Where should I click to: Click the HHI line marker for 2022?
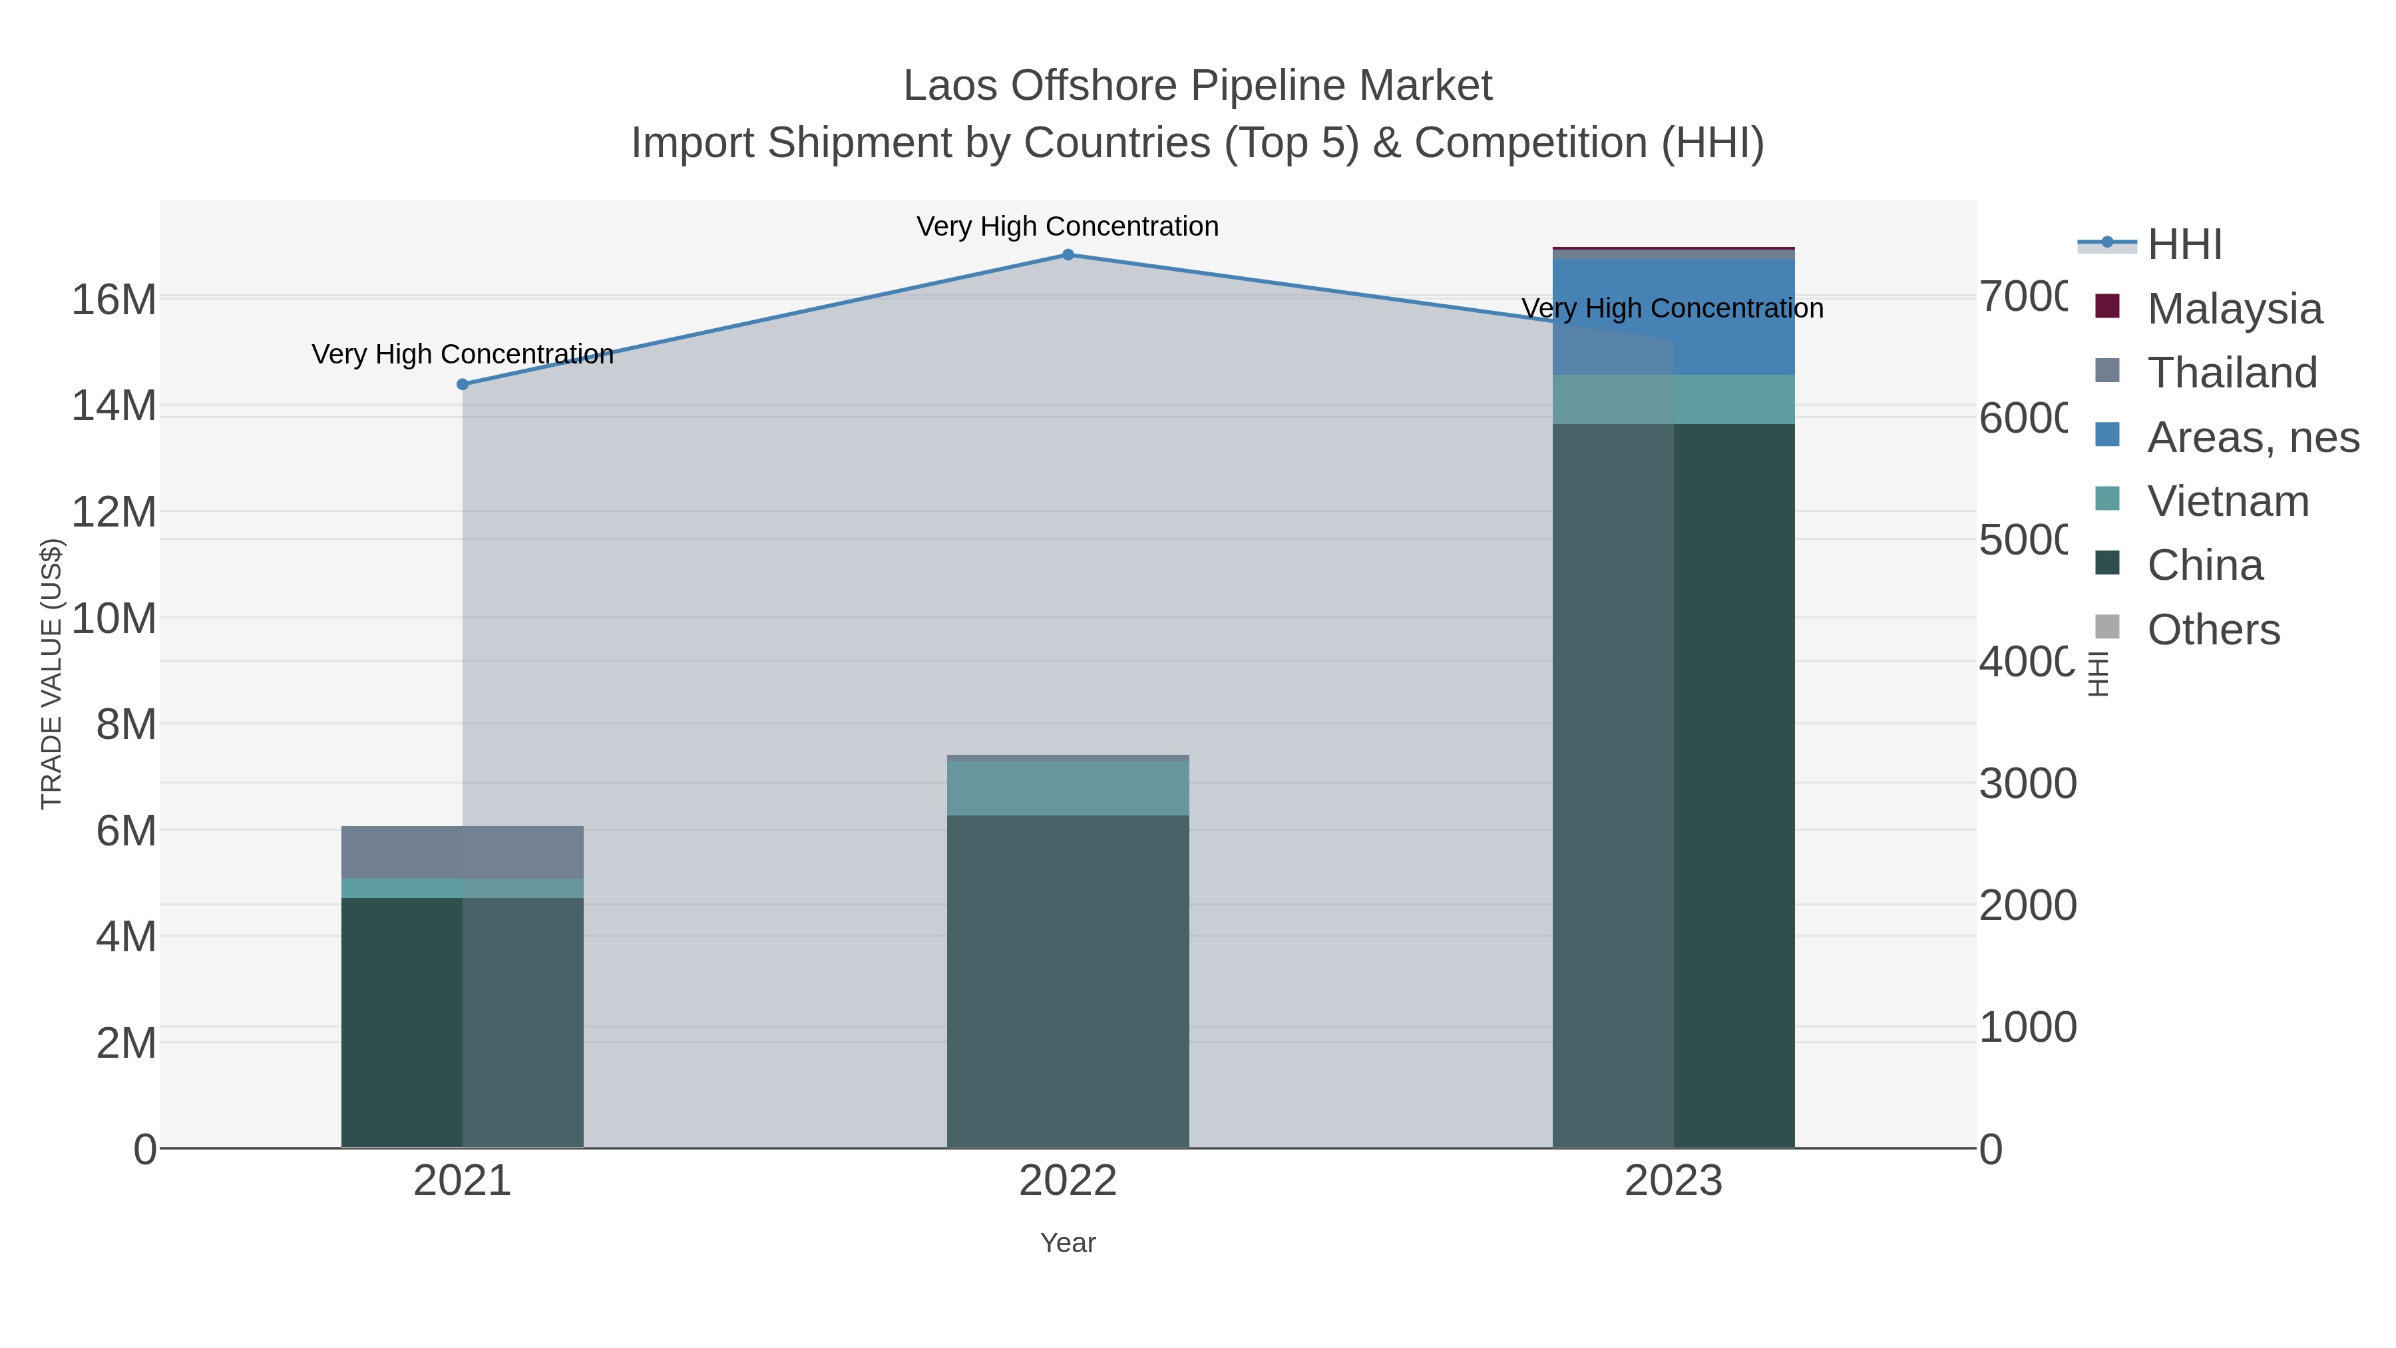click(1068, 255)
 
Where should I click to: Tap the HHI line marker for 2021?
click(463, 384)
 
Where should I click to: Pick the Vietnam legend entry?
click(2228, 501)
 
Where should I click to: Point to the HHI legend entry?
click(2184, 245)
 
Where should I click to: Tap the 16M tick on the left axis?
click(113, 300)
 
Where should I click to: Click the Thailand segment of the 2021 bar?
click(463, 852)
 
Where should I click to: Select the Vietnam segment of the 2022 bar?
click(1068, 788)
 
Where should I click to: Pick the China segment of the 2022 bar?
click(1068, 981)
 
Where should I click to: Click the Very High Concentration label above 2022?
click(1068, 226)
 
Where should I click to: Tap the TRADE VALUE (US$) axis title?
click(51, 674)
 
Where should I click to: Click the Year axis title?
click(1068, 1243)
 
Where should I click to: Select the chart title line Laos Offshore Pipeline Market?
click(1198, 86)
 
